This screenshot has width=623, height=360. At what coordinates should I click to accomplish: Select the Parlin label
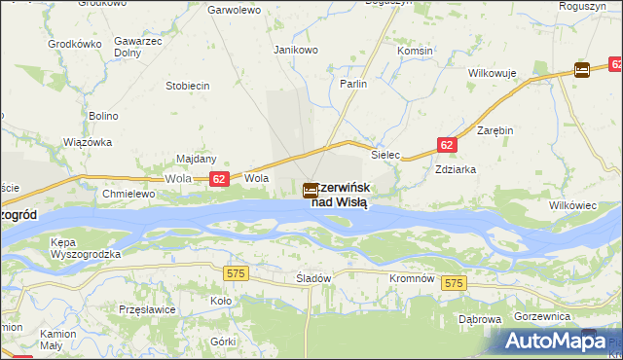[353, 85]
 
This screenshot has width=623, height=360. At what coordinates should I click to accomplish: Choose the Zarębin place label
[495, 129]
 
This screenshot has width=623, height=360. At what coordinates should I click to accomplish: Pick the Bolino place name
[103, 116]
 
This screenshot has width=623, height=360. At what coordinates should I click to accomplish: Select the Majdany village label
[196, 159]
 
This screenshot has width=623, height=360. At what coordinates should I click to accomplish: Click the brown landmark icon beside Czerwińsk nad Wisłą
[310, 190]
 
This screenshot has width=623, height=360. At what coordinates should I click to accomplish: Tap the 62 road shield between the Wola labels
[219, 179]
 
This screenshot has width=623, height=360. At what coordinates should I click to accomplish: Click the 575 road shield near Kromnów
[454, 283]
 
